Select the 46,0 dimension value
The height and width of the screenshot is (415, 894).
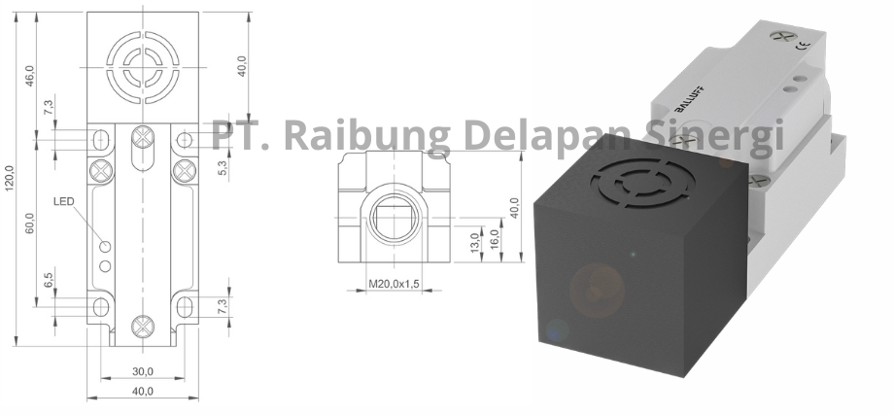click(x=29, y=75)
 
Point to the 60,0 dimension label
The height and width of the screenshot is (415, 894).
click(x=29, y=223)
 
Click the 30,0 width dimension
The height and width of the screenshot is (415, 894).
click(x=143, y=371)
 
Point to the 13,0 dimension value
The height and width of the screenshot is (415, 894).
click(x=475, y=241)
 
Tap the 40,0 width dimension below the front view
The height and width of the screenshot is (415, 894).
click(x=143, y=392)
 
